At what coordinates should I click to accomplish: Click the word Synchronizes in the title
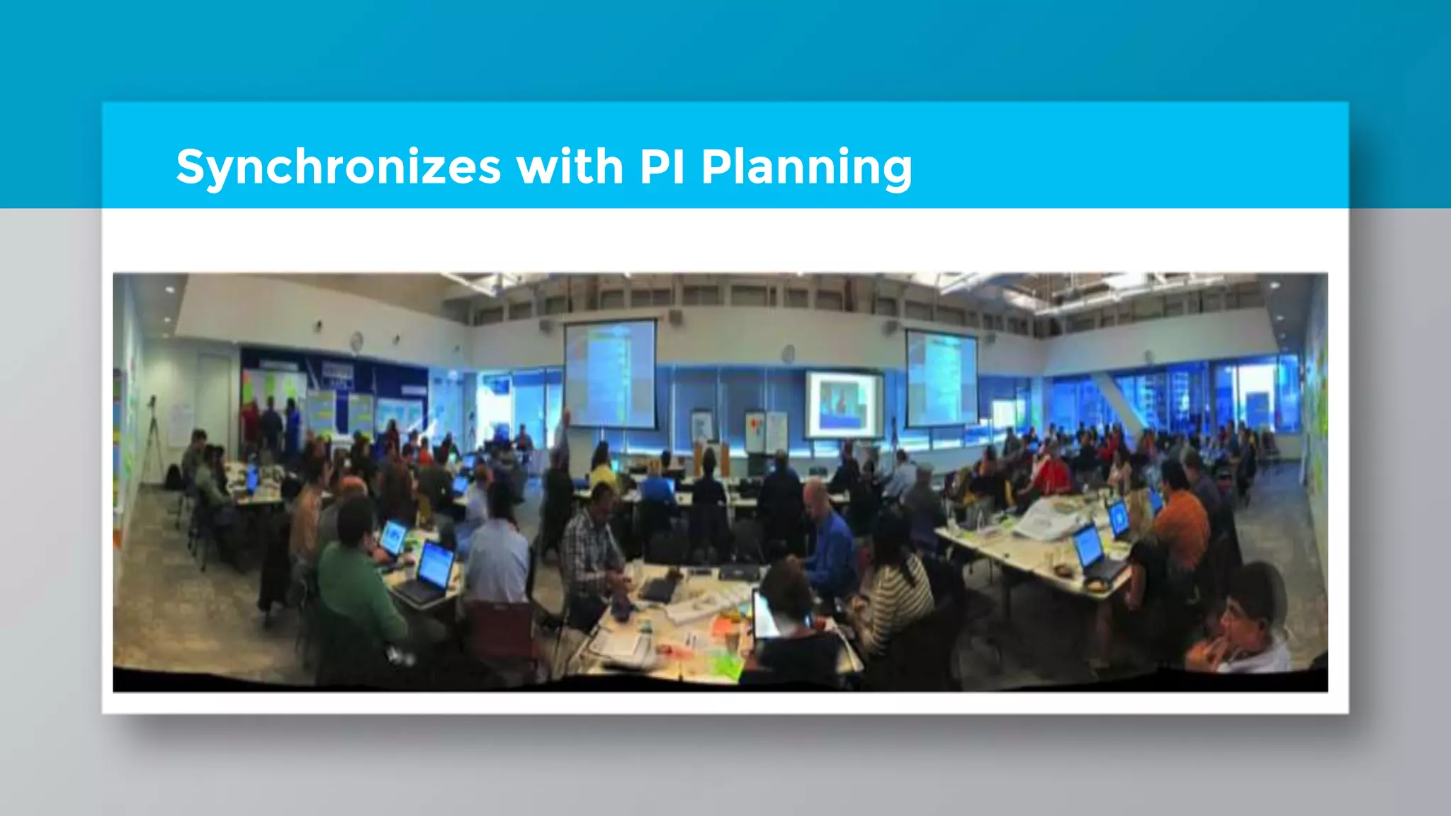pos(339,169)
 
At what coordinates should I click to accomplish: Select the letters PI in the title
pos(662,167)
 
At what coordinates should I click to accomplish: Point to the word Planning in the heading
pos(806,169)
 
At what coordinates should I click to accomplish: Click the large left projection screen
pos(610,373)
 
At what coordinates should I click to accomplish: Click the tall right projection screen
pos(942,378)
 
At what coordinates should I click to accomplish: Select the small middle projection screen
pos(843,404)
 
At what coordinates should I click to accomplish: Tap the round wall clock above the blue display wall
pos(356,342)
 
